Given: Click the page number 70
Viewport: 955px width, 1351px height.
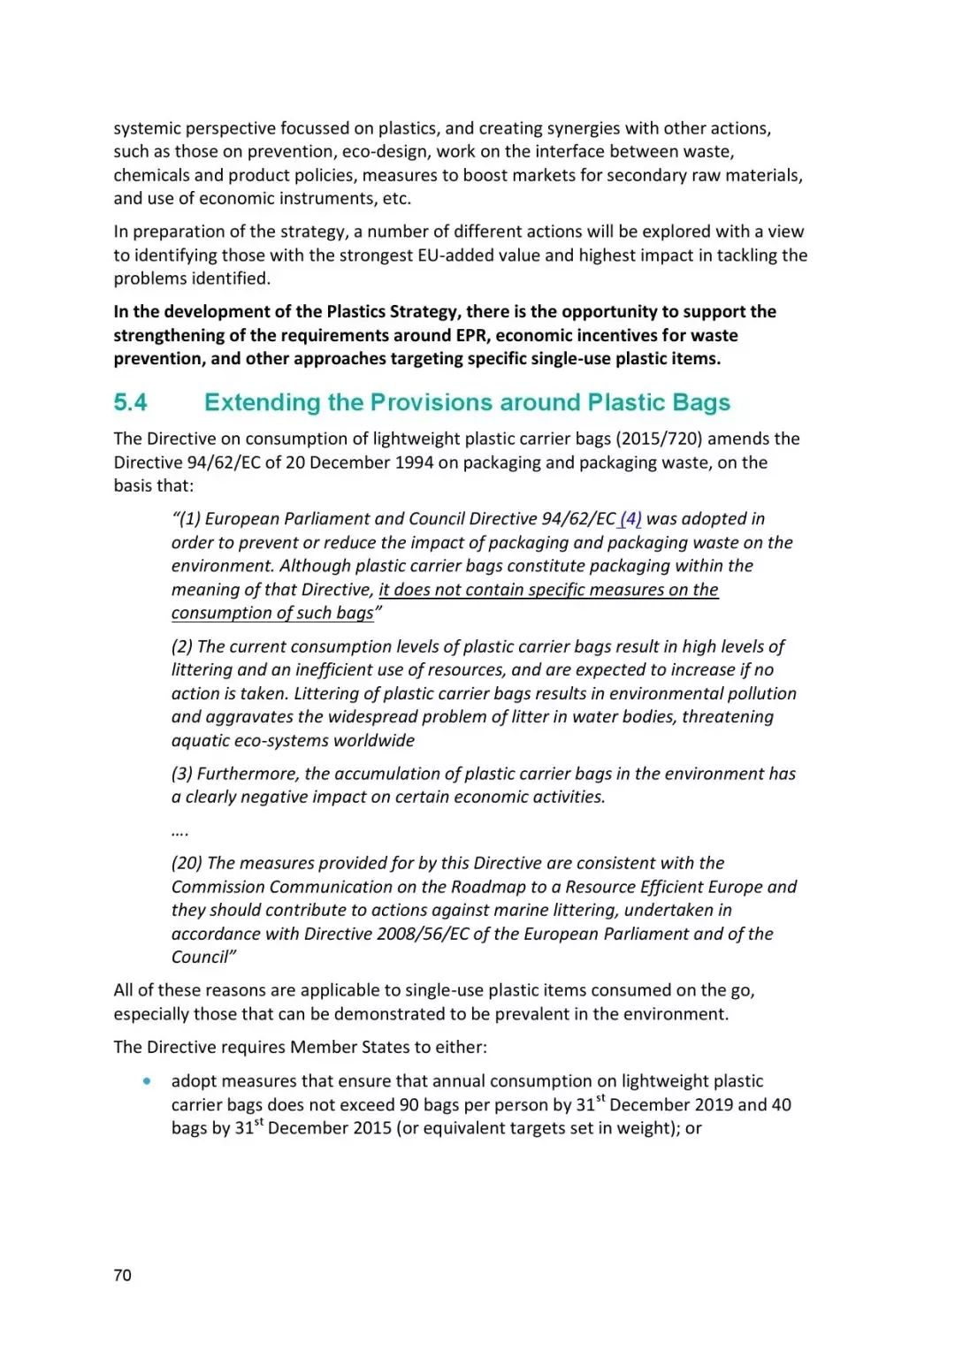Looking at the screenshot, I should coord(122,1275).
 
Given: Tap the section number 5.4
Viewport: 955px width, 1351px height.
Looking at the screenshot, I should coord(130,402).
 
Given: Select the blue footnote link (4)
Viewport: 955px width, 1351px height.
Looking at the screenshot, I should coord(630,519).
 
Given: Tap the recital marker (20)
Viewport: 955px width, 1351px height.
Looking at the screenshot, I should coord(187,863).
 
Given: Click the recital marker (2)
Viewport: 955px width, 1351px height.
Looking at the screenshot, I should coord(182,646).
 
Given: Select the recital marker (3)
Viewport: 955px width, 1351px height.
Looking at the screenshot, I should coord(182,774).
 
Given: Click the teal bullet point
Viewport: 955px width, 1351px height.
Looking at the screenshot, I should coord(147,1080).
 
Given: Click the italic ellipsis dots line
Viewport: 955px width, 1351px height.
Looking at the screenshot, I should coord(180,831).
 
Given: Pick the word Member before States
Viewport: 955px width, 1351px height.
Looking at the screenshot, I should coord(323,1047).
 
